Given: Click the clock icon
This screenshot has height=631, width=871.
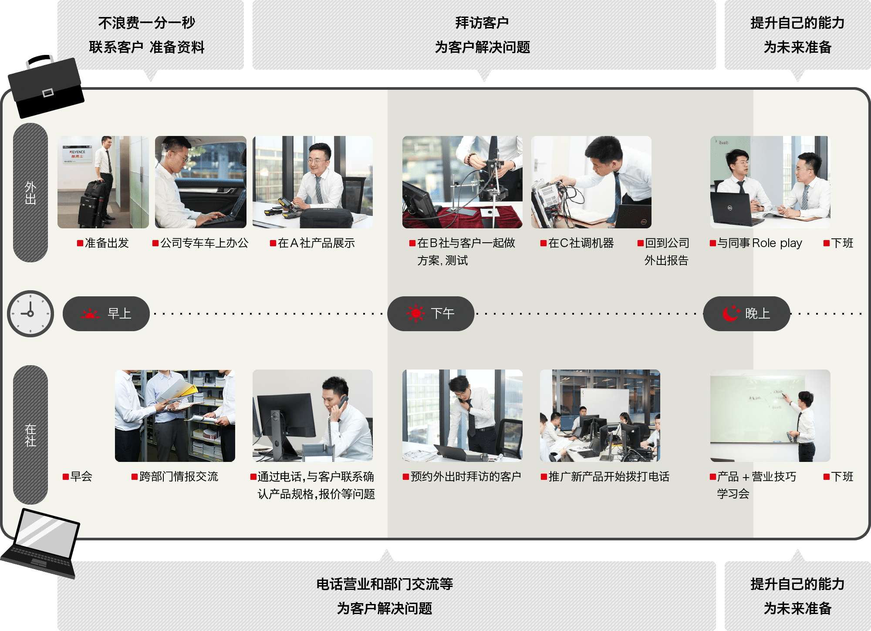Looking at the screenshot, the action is pos(30,314).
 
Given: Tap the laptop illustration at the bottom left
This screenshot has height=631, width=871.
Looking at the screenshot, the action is pos(41,543).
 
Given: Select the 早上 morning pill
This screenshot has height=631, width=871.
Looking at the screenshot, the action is pos(106,314).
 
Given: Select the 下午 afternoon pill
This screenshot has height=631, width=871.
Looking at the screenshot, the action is pos(431,314).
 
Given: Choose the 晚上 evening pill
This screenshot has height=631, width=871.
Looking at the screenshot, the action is pos(746,314).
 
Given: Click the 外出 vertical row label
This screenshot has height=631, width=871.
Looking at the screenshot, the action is pos(30,193).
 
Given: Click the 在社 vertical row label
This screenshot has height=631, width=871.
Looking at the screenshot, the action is pos(30,435).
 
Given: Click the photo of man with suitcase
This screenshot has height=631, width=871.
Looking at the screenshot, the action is pos(103,182).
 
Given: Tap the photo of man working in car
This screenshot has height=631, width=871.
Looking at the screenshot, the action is pos(201,182).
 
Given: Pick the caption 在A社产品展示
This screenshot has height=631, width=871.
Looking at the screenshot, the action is pos(313,243).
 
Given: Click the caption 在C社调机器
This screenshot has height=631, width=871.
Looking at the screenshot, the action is pos(577,243).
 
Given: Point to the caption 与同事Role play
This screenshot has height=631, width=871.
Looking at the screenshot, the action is pos(756,243).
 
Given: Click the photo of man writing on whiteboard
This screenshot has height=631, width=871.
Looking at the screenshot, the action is pos(770,416).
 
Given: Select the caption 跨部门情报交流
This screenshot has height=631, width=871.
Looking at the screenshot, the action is pos(175,477).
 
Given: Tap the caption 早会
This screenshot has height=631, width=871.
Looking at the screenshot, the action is pos(78,477).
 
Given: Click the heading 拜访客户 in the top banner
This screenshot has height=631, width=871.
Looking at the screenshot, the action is pos(482,23).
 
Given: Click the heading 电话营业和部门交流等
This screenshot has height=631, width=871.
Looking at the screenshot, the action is pos(385,584).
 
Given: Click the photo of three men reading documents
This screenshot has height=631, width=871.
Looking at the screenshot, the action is pos(175,416).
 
